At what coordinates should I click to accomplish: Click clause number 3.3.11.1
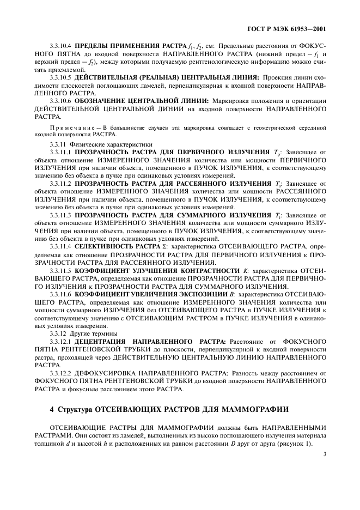(x=61, y=152)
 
